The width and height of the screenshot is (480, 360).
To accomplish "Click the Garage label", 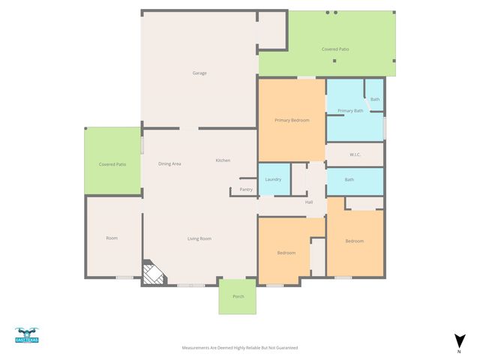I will [199, 73].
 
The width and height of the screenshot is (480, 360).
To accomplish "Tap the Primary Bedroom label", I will [292, 120].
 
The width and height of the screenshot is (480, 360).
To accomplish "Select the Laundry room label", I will [273, 179].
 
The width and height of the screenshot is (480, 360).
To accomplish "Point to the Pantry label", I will [246, 190].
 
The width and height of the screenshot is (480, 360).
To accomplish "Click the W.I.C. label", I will [355, 155].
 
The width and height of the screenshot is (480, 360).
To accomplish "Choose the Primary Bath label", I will [350, 111].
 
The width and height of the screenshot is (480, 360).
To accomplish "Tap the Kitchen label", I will [223, 160].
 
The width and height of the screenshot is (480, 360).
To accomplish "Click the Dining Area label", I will [169, 163].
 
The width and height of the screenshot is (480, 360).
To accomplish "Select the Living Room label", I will [199, 238].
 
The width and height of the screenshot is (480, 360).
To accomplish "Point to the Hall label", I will [309, 202].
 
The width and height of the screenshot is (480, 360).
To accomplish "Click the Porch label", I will [238, 296].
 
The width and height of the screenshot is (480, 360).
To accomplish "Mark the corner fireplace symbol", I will [154, 274].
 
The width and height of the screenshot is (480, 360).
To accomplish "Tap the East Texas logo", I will [27, 335].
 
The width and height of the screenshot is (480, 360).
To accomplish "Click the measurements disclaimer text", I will [240, 348].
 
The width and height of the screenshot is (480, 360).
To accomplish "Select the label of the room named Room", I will [112, 238].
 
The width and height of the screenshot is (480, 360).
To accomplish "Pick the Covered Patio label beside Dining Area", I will [112, 163].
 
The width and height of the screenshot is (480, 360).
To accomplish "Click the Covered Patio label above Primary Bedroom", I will [335, 49].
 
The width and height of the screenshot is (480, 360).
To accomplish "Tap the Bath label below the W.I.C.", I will [349, 179].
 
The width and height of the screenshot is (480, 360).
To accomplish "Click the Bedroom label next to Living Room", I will [286, 253].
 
